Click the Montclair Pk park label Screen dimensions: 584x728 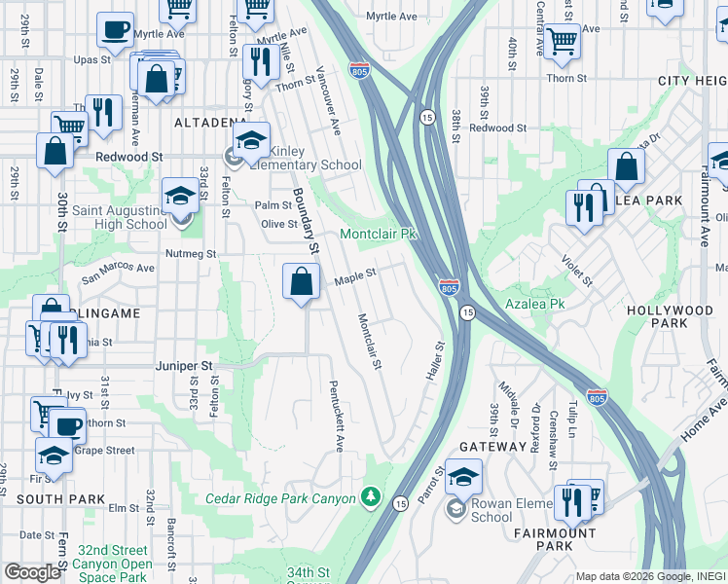tap(378, 235)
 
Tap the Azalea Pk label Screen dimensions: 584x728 tap(534, 304)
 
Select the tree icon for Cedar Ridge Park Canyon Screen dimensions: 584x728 tap(370, 498)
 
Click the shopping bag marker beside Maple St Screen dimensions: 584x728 tap(302, 282)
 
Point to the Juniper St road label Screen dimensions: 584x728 tap(184, 366)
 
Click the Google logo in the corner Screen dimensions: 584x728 tap(33, 572)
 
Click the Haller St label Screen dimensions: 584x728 tap(435, 360)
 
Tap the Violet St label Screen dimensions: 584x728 tap(575, 271)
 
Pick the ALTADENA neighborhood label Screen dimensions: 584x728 tap(209, 123)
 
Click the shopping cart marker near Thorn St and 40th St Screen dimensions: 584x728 tap(562, 42)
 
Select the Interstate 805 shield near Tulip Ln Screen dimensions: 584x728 tap(598, 397)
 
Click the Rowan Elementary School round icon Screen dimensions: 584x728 tap(455, 508)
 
